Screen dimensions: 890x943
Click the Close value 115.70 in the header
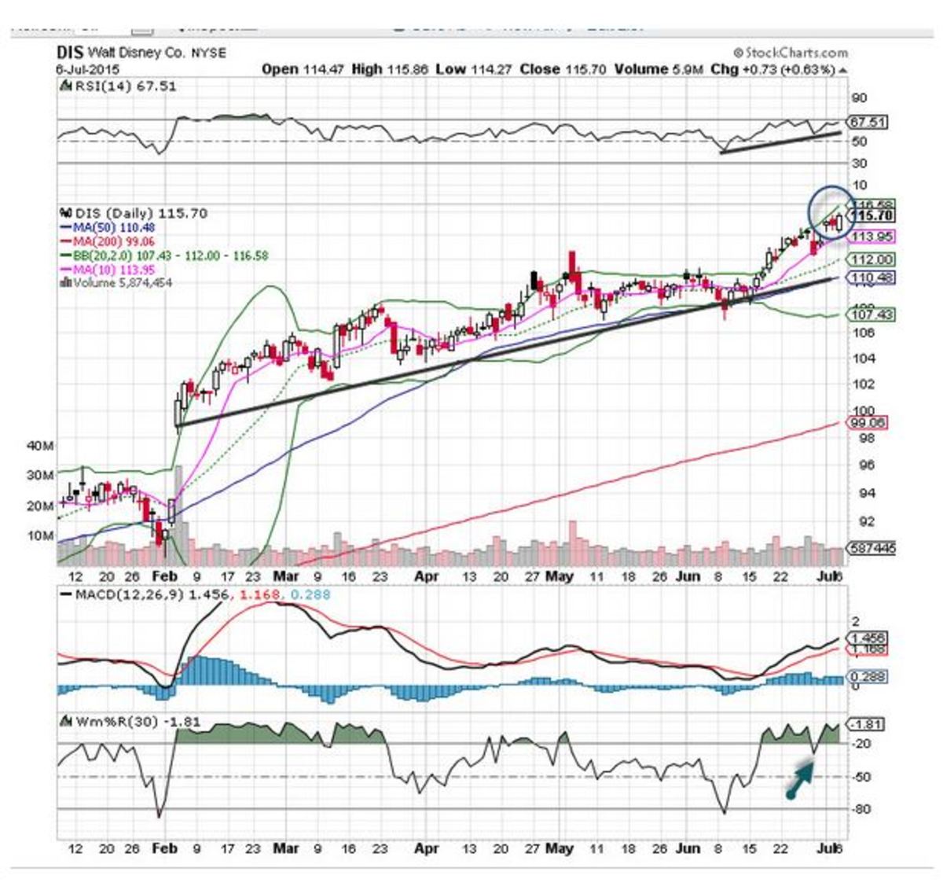point(585,69)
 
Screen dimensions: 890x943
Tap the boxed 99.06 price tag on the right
point(868,423)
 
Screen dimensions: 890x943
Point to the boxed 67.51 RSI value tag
point(868,123)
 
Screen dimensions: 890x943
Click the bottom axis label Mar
point(286,848)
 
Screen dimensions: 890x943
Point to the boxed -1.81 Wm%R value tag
point(868,724)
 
